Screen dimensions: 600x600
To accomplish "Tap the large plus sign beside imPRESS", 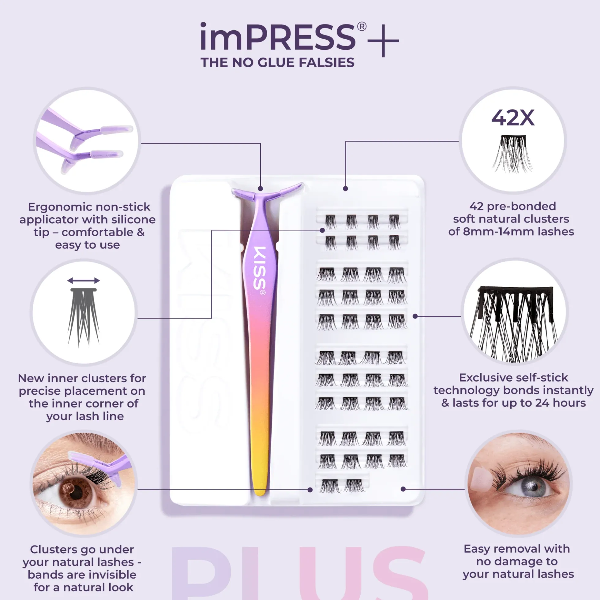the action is (384, 41).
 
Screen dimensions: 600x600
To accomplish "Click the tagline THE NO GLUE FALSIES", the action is (277, 63).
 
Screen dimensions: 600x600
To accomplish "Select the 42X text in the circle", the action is (513, 118).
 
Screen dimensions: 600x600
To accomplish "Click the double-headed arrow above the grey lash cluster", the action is (84, 281).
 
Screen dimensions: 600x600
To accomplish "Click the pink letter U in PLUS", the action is (331, 573).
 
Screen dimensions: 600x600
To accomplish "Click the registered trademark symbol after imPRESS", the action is (361, 26).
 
